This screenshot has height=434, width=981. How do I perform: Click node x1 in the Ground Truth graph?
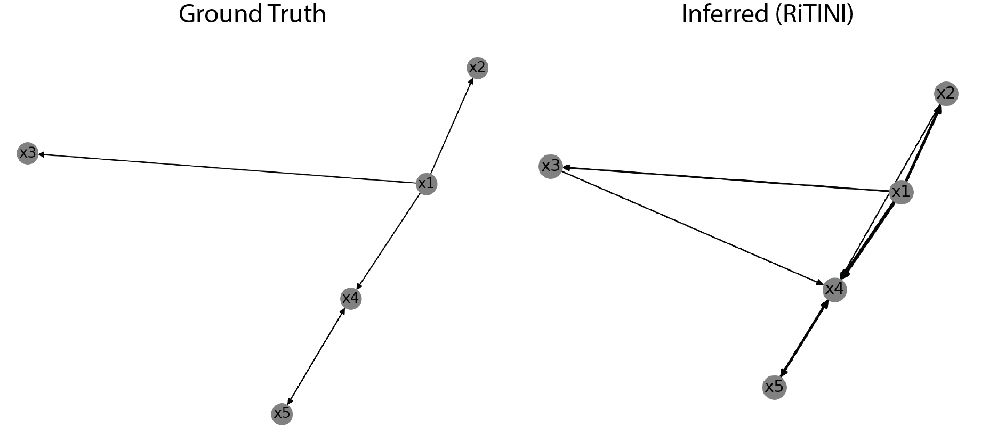pos(426,184)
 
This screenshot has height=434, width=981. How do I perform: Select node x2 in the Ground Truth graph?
pos(477,68)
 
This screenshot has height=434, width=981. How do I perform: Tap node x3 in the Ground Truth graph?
pos(27,153)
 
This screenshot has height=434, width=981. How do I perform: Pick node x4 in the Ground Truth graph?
pos(350,298)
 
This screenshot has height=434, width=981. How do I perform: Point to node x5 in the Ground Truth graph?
pos(282,414)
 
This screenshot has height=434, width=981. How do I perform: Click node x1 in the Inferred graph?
pos(900,192)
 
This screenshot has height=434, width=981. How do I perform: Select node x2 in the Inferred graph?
pos(946,94)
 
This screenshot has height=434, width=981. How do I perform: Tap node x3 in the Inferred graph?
pos(551,167)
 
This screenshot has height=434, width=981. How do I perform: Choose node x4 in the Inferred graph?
pos(834,289)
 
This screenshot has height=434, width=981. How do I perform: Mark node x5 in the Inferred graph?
pos(774,387)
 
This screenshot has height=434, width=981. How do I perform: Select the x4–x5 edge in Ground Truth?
pos(316,356)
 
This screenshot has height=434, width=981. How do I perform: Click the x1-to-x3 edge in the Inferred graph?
pos(725,179)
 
